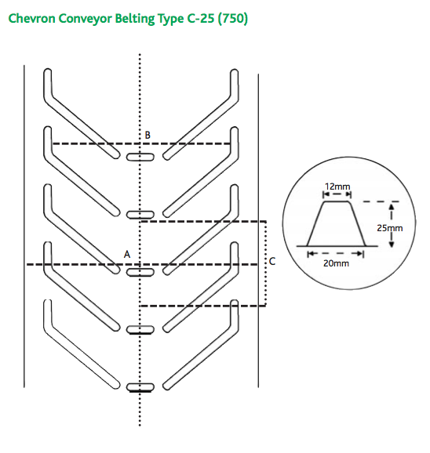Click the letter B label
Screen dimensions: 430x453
(148, 135)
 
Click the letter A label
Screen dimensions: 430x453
(127, 254)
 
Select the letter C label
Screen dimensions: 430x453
(272, 261)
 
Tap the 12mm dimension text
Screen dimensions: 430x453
(337, 187)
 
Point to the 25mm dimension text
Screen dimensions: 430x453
(389, 228)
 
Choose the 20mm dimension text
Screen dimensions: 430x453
(336, 263)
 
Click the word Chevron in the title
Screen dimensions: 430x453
(32, 19)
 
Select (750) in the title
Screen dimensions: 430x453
(233, 19)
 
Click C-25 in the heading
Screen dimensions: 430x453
(200, 19)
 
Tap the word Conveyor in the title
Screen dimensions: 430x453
(85, 19)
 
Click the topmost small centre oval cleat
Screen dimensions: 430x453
(140, 157)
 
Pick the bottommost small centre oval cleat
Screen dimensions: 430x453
(140, 387)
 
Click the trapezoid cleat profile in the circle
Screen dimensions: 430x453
(337, 224)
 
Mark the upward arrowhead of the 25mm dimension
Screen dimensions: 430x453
(392, 207)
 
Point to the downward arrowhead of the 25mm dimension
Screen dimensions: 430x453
(392, 244)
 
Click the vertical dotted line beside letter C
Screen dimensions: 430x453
(266, 263)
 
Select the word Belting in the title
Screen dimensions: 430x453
(135, 19)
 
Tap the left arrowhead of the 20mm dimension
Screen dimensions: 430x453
(311, 254)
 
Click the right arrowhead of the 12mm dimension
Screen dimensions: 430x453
(348, 194)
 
